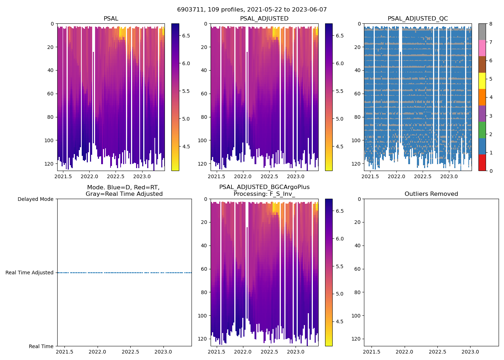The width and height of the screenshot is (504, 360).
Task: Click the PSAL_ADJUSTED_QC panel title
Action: [418, 19]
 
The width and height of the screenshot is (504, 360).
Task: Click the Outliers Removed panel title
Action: [431, 194]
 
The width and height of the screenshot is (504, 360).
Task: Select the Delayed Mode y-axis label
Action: [35, 199]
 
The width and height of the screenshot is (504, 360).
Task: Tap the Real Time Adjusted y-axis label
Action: [30, 273]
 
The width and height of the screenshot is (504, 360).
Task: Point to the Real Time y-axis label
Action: [41, 346]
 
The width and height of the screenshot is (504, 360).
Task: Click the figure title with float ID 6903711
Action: [252, 10]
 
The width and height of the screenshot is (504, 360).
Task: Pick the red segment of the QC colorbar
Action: [482, 163]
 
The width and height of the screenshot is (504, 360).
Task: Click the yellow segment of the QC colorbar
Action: [482, 81]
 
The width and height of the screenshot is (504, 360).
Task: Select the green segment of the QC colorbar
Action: [482, 130]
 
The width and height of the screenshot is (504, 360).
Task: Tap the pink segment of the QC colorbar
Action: [482, 48]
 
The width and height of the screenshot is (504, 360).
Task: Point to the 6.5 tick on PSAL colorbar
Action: [186, 36]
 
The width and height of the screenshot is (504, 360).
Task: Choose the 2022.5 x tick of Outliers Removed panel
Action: [437, 352]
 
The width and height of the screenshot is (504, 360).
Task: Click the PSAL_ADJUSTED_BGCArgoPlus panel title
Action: [264, 190]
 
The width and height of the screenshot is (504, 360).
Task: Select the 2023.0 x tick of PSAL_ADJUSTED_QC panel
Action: [449, 176]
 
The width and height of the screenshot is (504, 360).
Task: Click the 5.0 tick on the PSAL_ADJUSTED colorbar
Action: [339, 119]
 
